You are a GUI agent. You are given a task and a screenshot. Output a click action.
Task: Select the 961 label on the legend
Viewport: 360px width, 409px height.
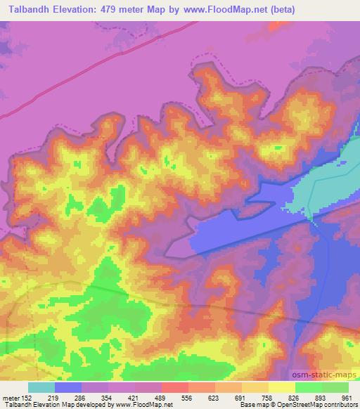pos(347,398)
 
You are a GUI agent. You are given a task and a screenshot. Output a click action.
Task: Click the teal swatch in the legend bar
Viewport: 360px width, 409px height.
pos(41,387)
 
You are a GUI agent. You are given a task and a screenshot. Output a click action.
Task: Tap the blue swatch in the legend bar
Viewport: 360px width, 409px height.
pos(68,387)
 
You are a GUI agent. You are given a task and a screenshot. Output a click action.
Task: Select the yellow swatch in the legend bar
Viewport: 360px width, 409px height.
pos(281,387)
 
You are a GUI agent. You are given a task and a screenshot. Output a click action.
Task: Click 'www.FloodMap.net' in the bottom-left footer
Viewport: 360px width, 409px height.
pos(146,405)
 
